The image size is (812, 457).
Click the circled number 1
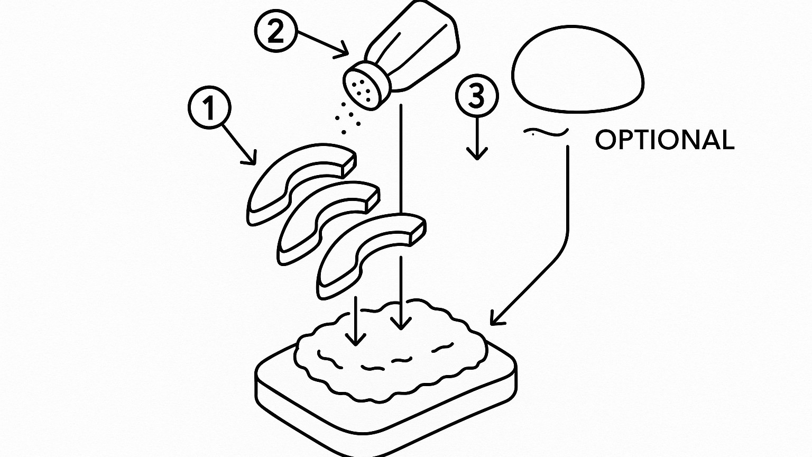tap(209, 107)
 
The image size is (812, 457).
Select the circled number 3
tap(477, 96)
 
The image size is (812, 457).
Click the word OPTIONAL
tap(665, 140)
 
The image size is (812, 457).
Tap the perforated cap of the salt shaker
tap(362, 87)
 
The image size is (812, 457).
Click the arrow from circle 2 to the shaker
tap(322, 42)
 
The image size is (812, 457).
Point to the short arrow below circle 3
tap(477, 140)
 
